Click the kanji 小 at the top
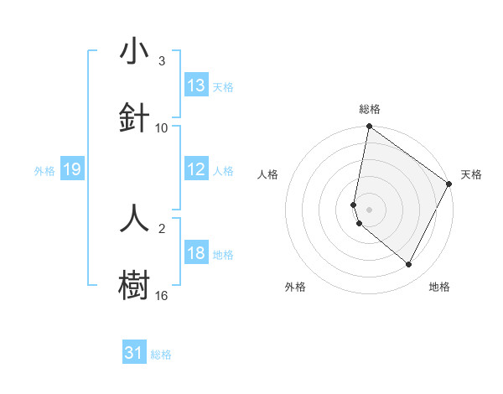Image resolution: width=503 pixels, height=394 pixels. (x=135, y=52)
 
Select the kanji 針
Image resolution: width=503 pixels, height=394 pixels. (x=135, y=117)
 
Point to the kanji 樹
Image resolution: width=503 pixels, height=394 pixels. (x=135, y=283)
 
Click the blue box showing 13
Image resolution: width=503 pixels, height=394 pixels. (x=196, y=86)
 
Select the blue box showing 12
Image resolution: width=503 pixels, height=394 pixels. (x=196, y=169)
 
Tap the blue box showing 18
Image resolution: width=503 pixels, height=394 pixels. (x=196, y=253)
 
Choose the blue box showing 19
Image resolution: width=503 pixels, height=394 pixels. (x=72, y=170)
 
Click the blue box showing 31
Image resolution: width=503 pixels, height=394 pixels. (x=134, y=353)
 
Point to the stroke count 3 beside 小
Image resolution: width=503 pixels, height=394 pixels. (x=162, y=61)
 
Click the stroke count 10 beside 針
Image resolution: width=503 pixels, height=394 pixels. (x=162, y=127)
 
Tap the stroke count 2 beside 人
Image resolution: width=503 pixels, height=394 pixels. (x=162, y=227)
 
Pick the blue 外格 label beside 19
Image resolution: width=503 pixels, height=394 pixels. (x=44, y=171)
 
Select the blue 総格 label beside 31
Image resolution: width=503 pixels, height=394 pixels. (x=161, y=355)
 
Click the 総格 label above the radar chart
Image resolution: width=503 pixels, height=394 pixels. (x=370, y=109)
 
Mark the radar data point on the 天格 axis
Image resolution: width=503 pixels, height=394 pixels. (x=449, y=184)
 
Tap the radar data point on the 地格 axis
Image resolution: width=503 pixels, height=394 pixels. (x=409, y=265)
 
